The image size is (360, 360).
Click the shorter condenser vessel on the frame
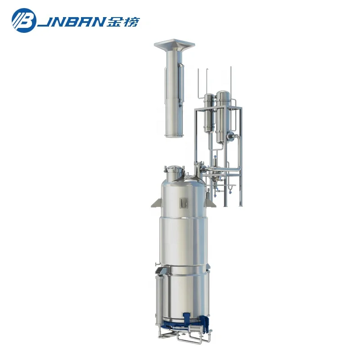pyautogui.click(x=208, y=112)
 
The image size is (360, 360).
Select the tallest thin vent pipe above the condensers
pyautogui.click(x=230, y=81)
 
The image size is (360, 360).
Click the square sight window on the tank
pyautogui.click(x=183, y=202)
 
